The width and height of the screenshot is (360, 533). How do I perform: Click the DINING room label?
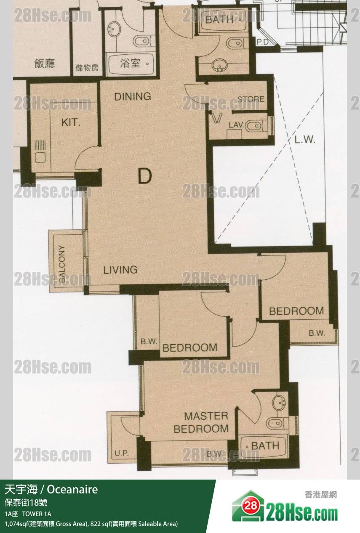click(x=133, y=96)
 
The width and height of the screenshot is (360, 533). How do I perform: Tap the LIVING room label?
click(x=120, y=270)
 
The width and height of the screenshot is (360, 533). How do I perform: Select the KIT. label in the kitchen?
click(x=71, y=122)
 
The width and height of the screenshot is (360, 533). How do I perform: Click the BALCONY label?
click(x=61, y=264)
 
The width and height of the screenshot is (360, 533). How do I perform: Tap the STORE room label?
click(x=251, y=99)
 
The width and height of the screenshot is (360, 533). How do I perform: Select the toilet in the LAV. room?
click(x=254, y=125)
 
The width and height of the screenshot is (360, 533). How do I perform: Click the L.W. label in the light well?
click(x=305, y=140)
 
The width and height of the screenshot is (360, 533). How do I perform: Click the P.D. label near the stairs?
click(x=264, y=42)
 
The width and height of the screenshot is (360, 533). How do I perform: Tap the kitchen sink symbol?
click(x=40, y=157)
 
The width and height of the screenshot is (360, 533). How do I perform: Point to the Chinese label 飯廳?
click(x=45, y=63)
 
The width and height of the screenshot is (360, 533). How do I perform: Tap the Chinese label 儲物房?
click(x=87, y=68)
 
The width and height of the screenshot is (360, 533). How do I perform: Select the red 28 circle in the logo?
click(x=251, y=506)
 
